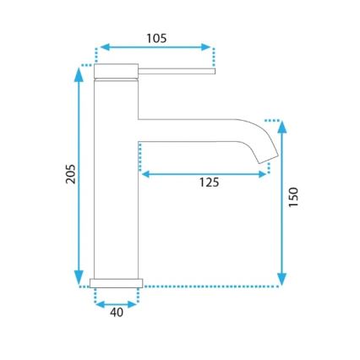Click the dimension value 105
tap(155, 38)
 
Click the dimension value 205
tap(71, 173)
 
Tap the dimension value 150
tap(293, 196)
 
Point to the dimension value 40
tap(117, 313)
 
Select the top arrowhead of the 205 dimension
tap(79, 74)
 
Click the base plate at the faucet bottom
tap(116, 281)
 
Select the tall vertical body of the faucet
tap(116, 177)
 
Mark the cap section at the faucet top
tap(116, 71)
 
